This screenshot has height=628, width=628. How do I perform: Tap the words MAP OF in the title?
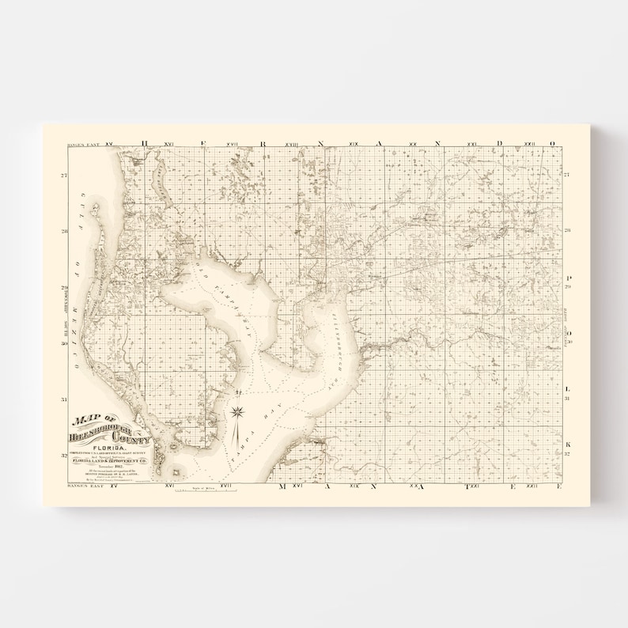91,420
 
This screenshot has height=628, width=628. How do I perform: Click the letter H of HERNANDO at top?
145,144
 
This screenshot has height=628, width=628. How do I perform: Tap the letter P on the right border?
567,278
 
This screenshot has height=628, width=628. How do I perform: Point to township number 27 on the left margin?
64,175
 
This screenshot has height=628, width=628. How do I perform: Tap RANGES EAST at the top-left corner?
84,145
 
